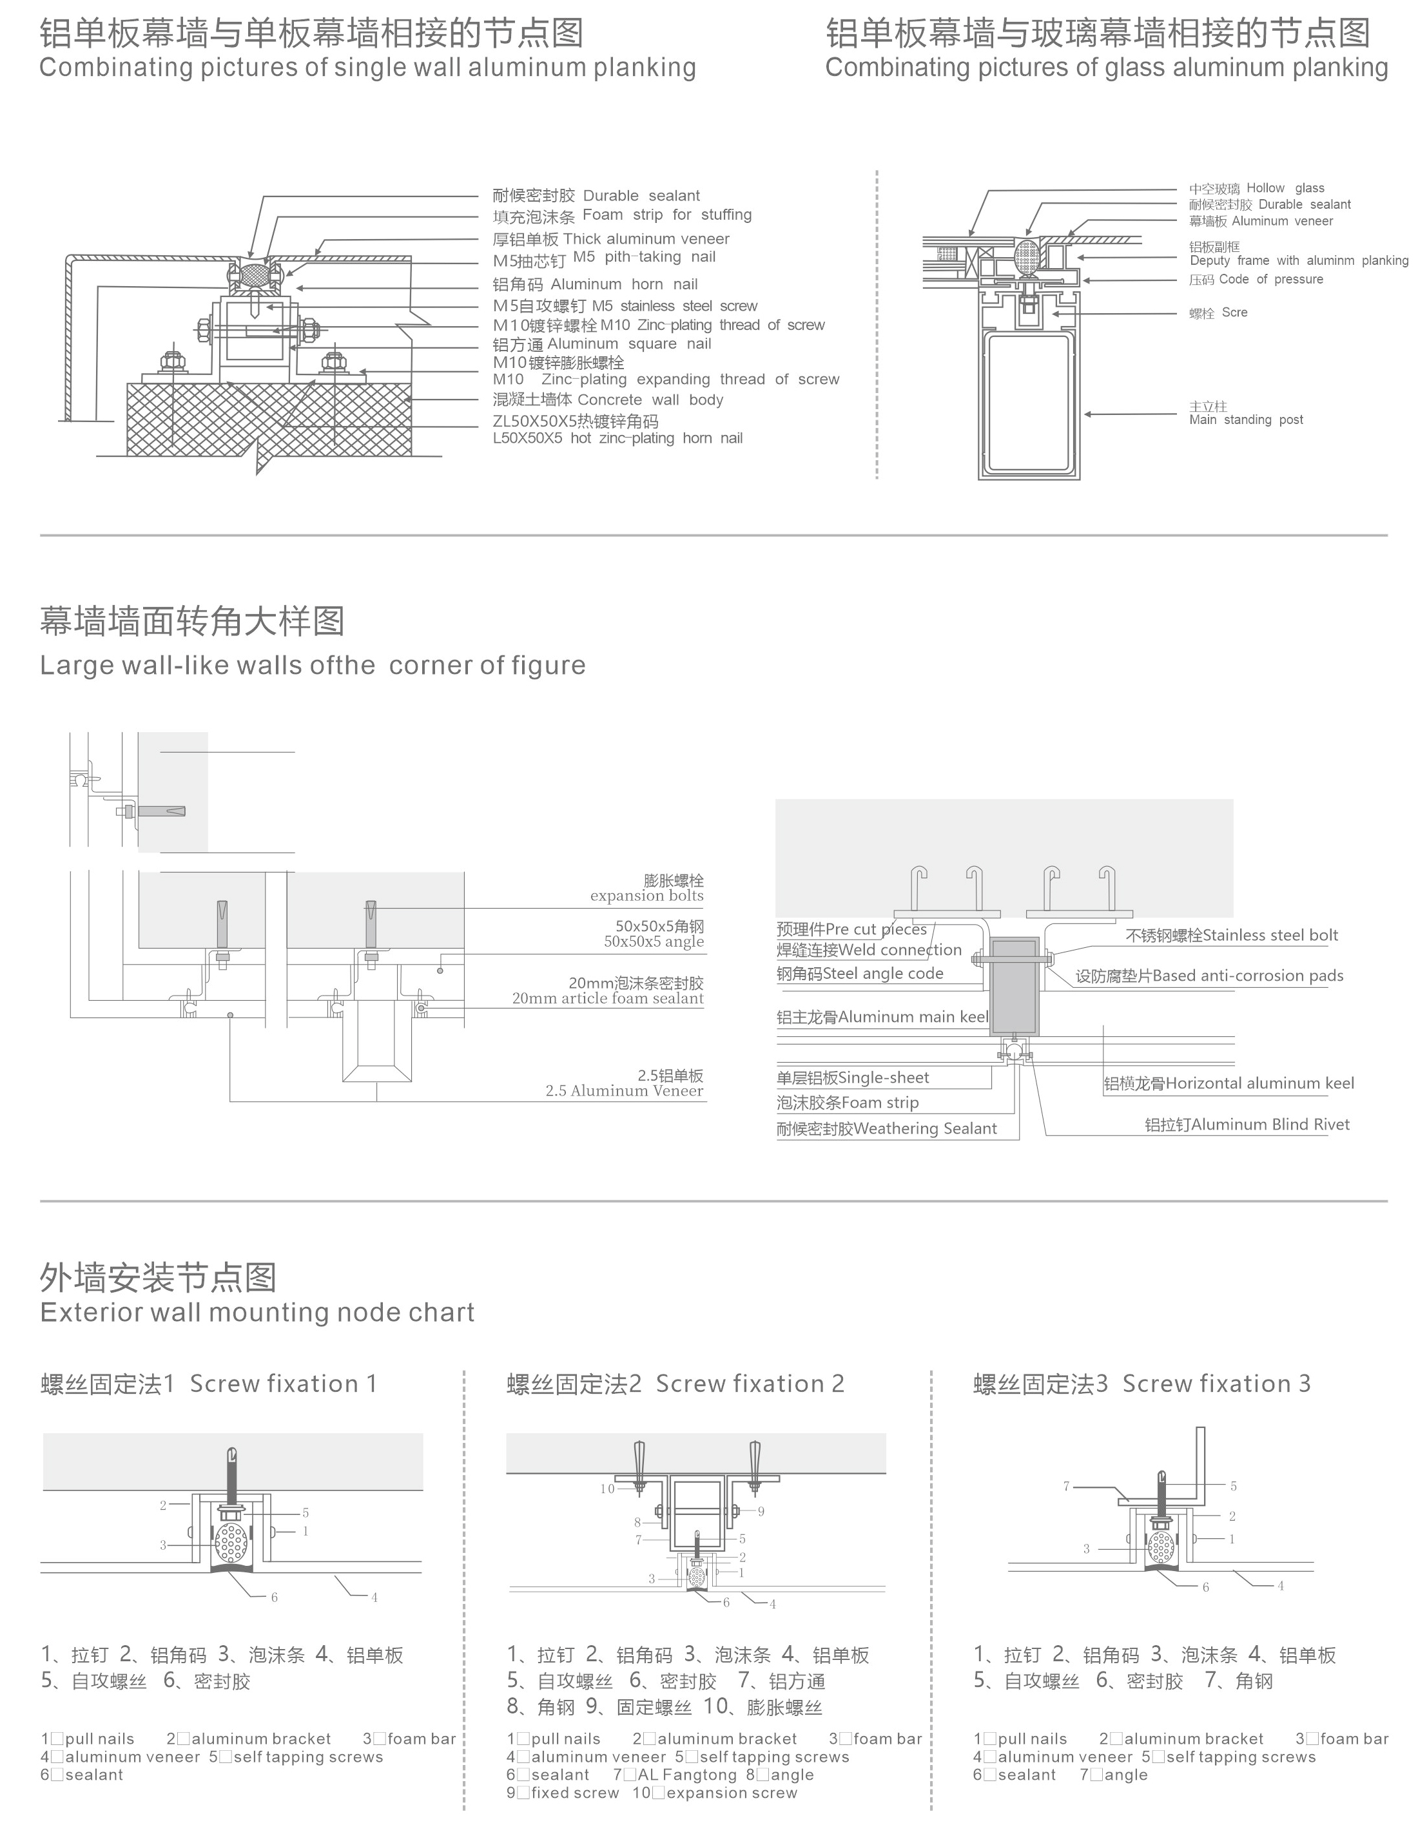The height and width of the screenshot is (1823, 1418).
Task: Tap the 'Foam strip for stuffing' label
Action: [x=666, y=215]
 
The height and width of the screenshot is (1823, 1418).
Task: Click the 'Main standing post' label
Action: [x=1245, y=420]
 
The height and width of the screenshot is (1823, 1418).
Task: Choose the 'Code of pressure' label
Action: [x=1270, y=280]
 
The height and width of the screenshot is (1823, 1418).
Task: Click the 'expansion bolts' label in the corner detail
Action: [x=646, y=896]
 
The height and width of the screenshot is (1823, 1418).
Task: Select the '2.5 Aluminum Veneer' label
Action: [x=624, y=1091]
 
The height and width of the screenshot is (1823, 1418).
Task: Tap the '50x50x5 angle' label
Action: [x=653, y=941]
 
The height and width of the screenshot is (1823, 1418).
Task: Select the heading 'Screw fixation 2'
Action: [x=749, y=1384]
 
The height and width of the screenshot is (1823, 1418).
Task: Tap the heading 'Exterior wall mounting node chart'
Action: [x=257, y=1312]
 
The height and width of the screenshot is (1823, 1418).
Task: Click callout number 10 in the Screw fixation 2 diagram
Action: [x=607, y=1489]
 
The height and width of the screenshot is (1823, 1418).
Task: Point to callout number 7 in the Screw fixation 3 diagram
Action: [x=1067, y=1486]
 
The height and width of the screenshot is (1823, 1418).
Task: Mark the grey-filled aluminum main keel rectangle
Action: [x=1015, y=987]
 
